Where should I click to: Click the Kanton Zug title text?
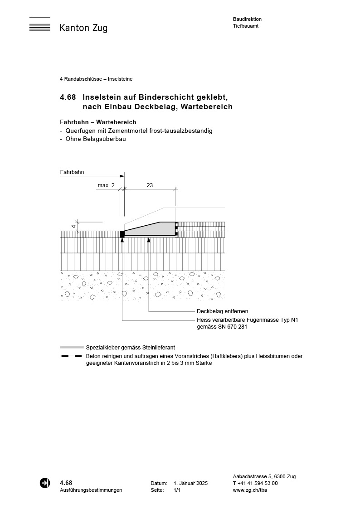tap(83, 28)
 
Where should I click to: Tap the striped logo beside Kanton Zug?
tap(40, 25)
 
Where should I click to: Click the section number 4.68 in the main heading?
tap(68, 97)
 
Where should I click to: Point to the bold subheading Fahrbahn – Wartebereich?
tap(98, 122)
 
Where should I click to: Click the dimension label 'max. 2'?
tap(106, 185)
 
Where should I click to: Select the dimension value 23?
tap(150, 185)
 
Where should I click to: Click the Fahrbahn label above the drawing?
tap(72, 172)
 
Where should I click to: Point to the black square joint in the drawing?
tap(122, 234)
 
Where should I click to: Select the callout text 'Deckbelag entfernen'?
tap(222, 311)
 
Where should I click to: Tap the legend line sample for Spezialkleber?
tap(72, 347)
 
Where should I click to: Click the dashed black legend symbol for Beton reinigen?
tap(72, 356)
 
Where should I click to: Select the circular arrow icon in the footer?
tap(45, 483)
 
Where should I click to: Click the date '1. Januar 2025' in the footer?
tap(190, 484)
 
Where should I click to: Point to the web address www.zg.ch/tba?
tap(250, 490)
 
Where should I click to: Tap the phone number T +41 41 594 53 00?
tap(255, 484)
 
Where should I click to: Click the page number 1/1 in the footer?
tap(177, 490)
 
